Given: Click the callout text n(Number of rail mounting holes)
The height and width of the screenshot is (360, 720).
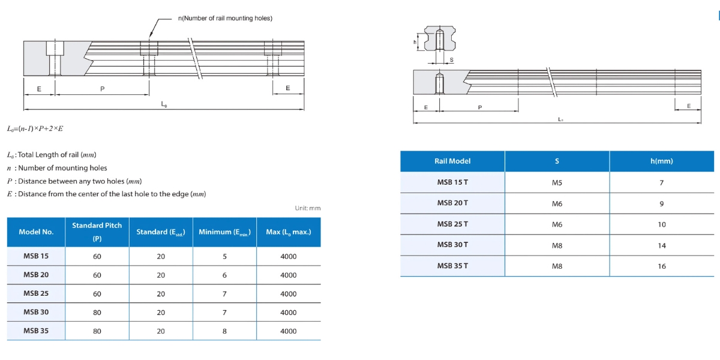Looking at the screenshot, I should [x=225, y=18].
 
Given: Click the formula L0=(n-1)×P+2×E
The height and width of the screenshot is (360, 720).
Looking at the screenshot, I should [x=35, y=128].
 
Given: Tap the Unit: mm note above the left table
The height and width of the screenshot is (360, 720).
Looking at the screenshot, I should [x=307, y=208].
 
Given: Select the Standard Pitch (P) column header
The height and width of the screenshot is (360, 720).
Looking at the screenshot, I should [x=97, y=232].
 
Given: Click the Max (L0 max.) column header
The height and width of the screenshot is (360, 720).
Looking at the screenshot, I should [x=289, y=232].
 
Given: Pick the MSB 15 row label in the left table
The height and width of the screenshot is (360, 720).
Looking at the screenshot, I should [x=36, y=256].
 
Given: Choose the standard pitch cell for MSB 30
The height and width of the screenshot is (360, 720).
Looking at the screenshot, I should [x=97, y=313].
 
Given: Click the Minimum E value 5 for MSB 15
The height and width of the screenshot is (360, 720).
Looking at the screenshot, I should [x=224, y=256].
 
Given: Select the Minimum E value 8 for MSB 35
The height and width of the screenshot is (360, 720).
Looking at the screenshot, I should [x=224, y=331].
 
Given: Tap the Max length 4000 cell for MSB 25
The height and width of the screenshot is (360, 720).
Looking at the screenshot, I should [x=289, y=294].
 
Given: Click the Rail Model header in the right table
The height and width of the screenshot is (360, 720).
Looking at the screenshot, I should [x=452, y=161].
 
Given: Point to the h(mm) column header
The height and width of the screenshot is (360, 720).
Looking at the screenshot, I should [x=661, y=161].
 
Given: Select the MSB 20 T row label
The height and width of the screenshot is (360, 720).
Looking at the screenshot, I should [x=452, y=203].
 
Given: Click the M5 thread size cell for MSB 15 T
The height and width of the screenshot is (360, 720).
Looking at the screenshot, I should [x=557, y=182].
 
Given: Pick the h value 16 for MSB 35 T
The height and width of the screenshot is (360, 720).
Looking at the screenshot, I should [x=661, y=266].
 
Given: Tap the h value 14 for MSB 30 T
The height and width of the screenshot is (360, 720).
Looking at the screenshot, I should [x=661, y=245].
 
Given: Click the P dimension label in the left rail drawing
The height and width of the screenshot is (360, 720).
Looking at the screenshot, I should [x=102, y=89].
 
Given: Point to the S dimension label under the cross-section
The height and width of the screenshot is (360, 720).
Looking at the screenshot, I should [x=451, y=59].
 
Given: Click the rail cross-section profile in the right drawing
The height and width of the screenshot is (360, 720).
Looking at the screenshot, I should [x=439, y=39].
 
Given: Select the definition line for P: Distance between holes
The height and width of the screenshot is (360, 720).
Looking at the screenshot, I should [x=74, y=181].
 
